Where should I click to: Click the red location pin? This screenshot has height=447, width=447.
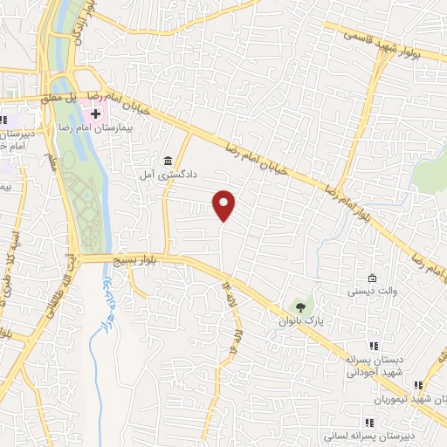(x=224, y=204)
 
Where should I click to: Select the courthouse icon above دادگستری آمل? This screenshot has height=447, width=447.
(x=168, y=162)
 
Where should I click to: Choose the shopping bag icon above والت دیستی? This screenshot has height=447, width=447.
(x=372, y=277)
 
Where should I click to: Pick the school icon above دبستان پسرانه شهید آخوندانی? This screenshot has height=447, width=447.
(x=375, y=346)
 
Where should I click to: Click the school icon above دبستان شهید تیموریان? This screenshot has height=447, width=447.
(x=418, y=383)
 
